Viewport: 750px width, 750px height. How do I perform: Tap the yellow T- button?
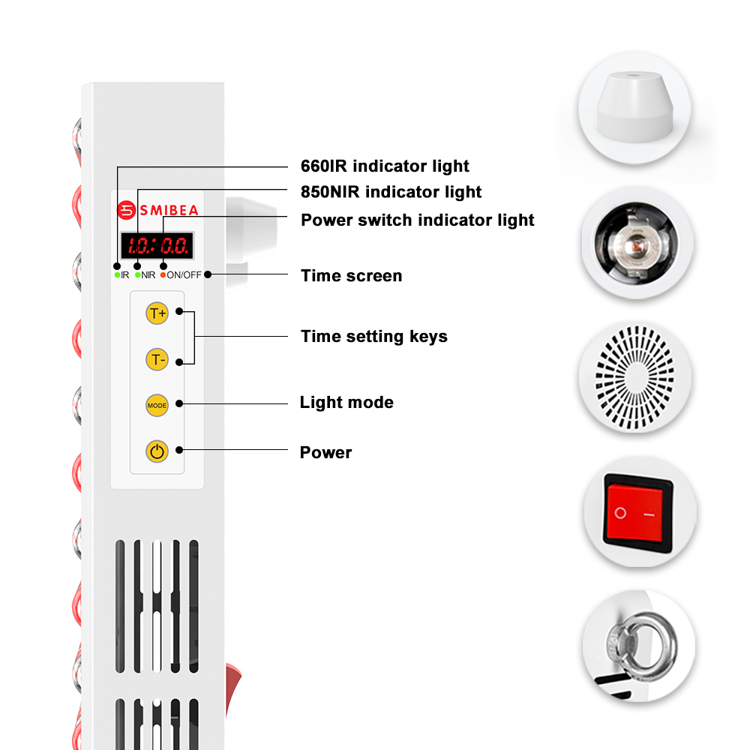[x=157, y=360]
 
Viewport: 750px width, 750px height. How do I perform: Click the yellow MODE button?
[x=157, y=405]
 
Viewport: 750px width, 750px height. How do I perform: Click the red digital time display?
[x=157, y=245]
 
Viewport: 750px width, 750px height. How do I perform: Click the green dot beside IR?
[x=117, y=275]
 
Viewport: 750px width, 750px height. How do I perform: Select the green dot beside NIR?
[x=138, y=275]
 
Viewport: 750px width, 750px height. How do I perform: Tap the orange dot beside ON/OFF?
[x=163, y=275]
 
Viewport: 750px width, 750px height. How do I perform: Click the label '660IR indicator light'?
[x=385, y=166]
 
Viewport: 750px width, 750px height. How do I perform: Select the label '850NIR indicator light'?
[x=391, y=192]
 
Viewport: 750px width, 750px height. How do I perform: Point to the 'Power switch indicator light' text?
[x=417, y=220]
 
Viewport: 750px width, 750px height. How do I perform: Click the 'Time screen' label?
[x=351, y=275]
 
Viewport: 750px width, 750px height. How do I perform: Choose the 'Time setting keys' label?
[x=373, y=336]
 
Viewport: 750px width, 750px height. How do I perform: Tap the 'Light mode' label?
[x=346, y=402]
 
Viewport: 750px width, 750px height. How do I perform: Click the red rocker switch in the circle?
[x=639, y=514]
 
